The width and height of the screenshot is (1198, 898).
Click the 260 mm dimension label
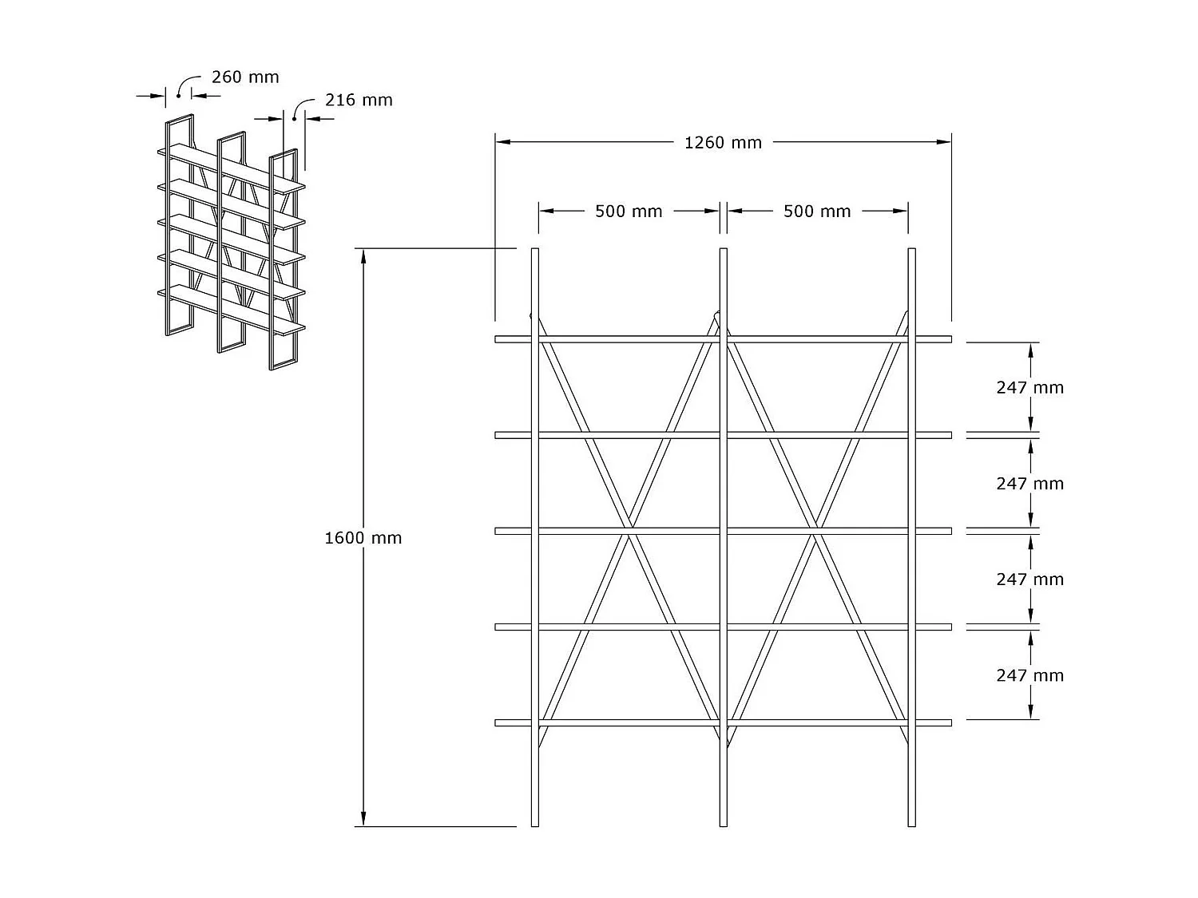[x=245, y=77]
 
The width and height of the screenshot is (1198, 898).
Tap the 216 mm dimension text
[x=359, y=101]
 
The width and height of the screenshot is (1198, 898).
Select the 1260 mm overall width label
[x=723, y=143]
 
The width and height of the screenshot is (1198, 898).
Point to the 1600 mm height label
[x=363, y=538]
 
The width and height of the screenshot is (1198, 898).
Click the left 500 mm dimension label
[x=629, y=212]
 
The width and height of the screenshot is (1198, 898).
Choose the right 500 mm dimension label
[x=817, y=212]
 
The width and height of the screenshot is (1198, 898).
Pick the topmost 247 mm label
[x=1029, y=388]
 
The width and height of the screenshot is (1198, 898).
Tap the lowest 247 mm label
[x=1029, y=676]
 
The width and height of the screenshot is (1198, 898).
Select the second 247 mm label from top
[x=1029, y=484]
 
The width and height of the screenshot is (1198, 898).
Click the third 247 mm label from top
[x=1029, y=580]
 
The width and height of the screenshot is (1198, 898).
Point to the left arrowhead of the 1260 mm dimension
[x=502, y=142]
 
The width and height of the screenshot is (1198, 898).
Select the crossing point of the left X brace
[x=631, y=529]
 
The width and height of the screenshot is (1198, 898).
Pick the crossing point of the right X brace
[x=815, y=529]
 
